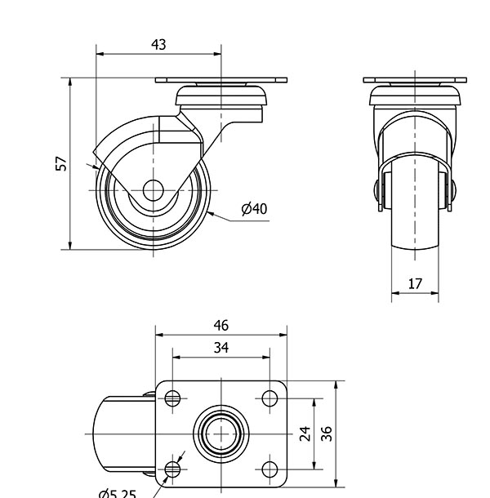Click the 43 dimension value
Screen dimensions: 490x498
coord(158,45)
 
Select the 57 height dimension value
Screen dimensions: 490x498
coord(61,163)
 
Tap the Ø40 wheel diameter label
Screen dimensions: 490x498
coord(254,209)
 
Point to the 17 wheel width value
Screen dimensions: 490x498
coord(415,284)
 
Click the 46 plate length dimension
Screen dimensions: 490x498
coord(221,326)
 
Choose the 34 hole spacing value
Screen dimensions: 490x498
coord(221,348)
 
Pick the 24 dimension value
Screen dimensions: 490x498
coord(305,434)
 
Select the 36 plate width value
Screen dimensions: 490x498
coord(327,434)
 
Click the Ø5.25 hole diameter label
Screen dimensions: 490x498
coord(118,494)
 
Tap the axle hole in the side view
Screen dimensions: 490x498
coord(154,190)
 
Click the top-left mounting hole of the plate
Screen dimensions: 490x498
coord(172,398)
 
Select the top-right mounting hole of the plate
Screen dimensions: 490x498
coord(269,398)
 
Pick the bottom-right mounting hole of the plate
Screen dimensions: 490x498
coord(269,469)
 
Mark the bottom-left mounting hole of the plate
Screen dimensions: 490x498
coord(172,469)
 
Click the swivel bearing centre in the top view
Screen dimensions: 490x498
coord(221,434)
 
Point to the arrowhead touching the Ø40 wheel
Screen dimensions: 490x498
coord(210,214)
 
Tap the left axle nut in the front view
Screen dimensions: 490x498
coord(376,190)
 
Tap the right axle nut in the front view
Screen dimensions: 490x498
coord(453,190)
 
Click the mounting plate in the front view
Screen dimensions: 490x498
coord(415,80)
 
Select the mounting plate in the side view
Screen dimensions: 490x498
coord(221,80)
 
